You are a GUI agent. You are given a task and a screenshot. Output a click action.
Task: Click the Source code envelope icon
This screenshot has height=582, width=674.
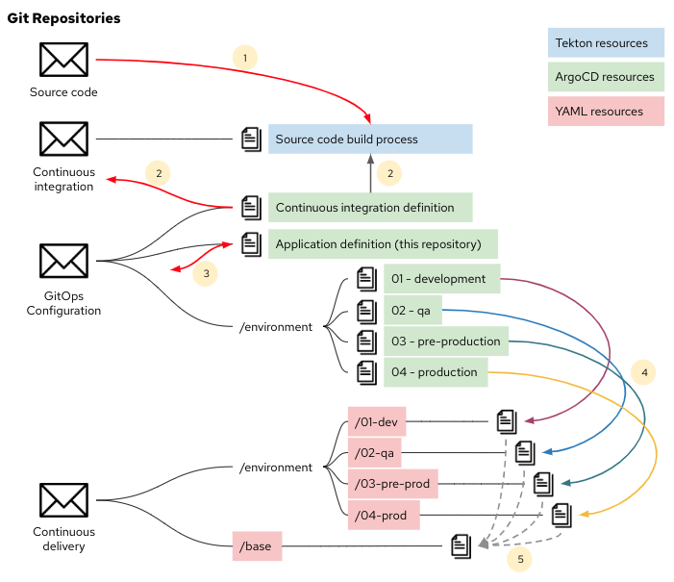click(63, 60)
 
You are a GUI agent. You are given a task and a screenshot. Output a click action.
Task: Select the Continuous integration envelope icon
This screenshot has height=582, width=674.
click(63, 139)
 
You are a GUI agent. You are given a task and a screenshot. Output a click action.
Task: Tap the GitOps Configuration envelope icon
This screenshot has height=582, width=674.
click(63, 260)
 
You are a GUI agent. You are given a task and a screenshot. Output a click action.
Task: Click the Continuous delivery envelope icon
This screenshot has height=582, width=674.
click(63, 499)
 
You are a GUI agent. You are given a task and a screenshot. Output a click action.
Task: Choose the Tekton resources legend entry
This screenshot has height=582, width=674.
click(602, 42)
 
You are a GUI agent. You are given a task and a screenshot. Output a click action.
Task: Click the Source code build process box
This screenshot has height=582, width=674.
click(370, 139)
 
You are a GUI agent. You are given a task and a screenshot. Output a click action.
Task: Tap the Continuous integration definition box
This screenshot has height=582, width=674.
click(370, 207)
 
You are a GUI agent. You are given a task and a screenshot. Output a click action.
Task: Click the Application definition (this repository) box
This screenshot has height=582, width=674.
click(382, 244)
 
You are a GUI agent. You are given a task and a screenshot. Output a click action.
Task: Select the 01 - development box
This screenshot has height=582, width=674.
click(441, 278)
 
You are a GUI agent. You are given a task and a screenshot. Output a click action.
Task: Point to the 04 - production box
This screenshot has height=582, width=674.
click(441, 372)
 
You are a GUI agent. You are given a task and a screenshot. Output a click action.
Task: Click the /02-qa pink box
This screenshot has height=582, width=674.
click(376, 452)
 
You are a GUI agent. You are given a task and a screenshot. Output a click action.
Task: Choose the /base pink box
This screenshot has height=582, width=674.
click(257, 546)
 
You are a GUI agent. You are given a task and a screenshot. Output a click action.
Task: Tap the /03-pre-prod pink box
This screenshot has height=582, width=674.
click(391, 484)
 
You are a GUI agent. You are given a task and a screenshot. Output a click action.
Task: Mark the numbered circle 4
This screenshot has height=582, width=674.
click(645, 371)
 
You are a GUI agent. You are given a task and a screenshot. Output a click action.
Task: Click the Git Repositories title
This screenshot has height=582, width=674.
click(63, 19)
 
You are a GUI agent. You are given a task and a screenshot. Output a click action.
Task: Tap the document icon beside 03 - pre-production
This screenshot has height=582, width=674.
click(366, 342)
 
